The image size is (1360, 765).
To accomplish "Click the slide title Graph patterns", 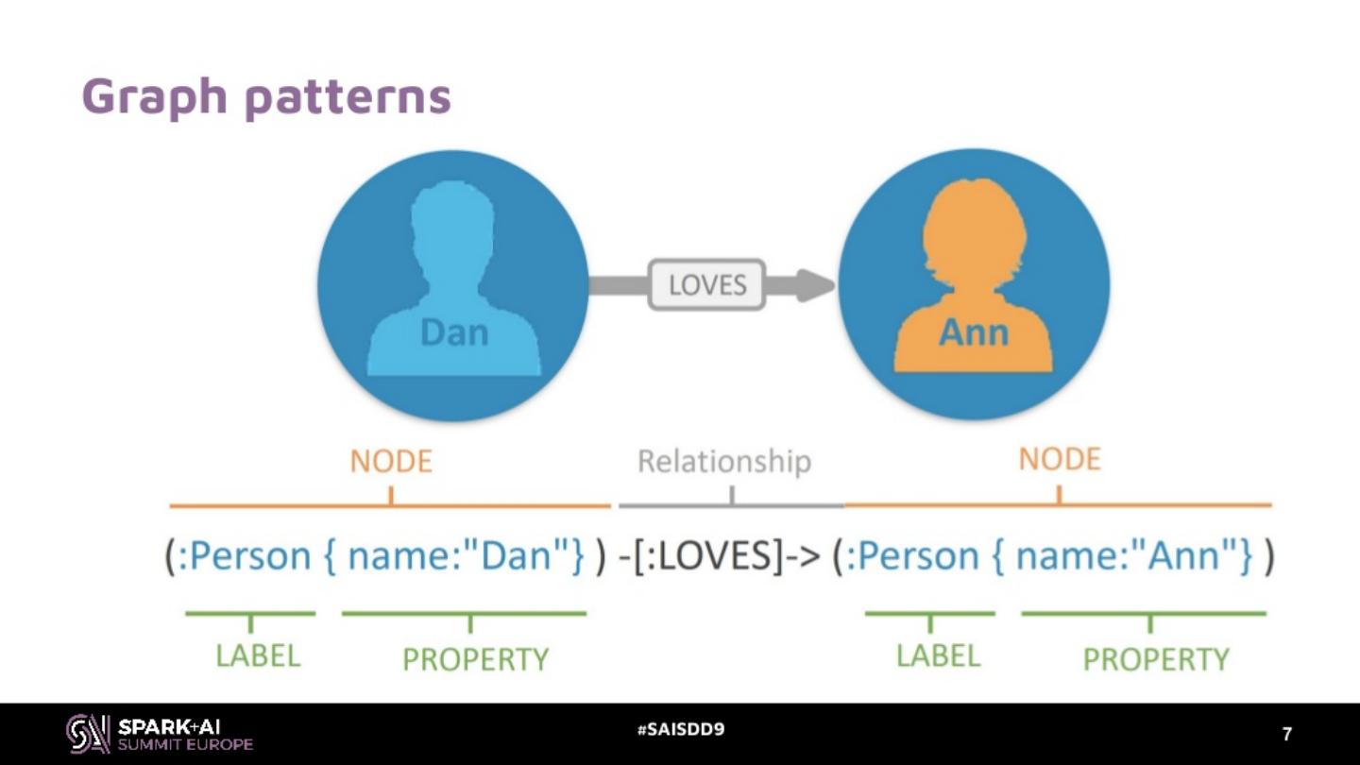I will click(x=265, y=96).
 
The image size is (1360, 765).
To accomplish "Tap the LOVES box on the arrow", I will click(x=706, y=284).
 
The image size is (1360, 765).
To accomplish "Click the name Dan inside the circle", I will click(x=453, y=332).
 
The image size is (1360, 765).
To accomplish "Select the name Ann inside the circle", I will click(x=973, y=332).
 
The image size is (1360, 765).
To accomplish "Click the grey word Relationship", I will click(x=723, y=461).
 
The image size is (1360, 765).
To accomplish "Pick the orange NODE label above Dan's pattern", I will click(x=391, y=461).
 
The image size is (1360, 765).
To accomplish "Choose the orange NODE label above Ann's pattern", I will click(x=1059, y=459).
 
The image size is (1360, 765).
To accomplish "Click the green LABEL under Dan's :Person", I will click(x=257, y=655).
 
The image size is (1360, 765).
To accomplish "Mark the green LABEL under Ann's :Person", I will click(x=938, y=655).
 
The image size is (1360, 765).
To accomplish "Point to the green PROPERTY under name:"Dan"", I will click(x=475, y=658).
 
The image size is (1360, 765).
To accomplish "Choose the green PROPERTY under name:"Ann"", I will click(x=1155, y=658).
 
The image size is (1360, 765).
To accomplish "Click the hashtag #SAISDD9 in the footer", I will click(x=680, y=730).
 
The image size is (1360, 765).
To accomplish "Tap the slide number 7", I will click(x=1286, y=734).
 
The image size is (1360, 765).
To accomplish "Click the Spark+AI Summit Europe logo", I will click(x=159, y=734).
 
